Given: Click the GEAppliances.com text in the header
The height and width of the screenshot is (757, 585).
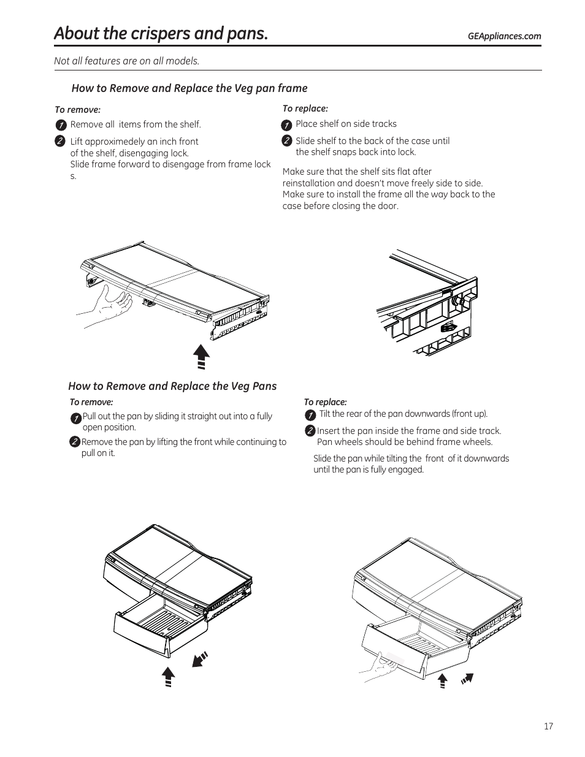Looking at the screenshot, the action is [504, 36].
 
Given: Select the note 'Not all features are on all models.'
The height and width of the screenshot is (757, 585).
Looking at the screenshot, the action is [127, 61].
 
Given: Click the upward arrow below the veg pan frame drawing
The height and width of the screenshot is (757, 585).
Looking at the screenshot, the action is [201, 356].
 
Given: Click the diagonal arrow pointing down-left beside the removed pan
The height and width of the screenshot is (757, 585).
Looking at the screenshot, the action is [200, 659].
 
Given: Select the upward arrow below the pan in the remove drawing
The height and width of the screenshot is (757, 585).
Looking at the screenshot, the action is [168, 677].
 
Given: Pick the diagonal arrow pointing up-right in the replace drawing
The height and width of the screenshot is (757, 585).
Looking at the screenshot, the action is [468, 679].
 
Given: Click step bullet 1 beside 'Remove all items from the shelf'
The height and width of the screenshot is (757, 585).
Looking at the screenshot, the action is [61, 125].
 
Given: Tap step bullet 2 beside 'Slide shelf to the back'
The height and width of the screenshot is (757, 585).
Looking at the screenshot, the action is [286, 141].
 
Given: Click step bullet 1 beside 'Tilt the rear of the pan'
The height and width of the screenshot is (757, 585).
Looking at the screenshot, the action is [310, 415].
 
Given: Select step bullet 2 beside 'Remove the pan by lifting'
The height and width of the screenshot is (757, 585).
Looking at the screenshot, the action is [75, 442].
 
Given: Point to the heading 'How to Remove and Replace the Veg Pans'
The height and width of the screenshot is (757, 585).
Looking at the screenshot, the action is [172, 386].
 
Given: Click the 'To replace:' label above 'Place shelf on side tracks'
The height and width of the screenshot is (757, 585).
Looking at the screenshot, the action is [305, 108].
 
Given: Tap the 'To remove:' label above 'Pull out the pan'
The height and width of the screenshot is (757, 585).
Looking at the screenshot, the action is [91, 402].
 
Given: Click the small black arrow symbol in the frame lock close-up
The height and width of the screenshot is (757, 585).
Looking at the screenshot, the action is [449, 328].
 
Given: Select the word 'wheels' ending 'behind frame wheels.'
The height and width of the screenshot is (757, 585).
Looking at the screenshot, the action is [477, 442].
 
